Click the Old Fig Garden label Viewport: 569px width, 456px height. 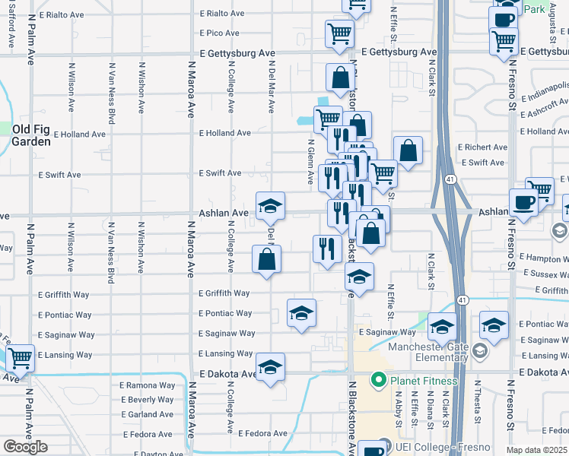click(x=31, y=135)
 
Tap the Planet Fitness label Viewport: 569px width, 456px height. click(x=424, y=380)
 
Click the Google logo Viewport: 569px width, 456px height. click(x=25, y=447)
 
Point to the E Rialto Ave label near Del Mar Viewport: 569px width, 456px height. click(x=222, y=14)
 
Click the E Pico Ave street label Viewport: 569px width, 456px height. click(x=220, y=33)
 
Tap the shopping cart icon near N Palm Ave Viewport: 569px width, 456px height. click(x=20, y=356)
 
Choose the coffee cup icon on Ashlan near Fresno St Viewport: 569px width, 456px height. click(x=523, y=202)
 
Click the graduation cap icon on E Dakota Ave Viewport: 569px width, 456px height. click(x=270, y=367)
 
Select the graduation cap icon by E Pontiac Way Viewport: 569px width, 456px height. click(x=301, y=312)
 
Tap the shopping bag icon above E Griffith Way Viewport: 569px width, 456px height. click(x=267, y=259)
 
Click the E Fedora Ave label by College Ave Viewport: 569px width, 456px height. click(x=262, y=434)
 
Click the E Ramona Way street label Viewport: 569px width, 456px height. click(x=147, y=385)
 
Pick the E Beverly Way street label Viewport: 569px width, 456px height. click(x=147, y=400)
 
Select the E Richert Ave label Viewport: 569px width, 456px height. click(x=482, y=147)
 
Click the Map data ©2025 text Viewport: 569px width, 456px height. click(x=537, y=451)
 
